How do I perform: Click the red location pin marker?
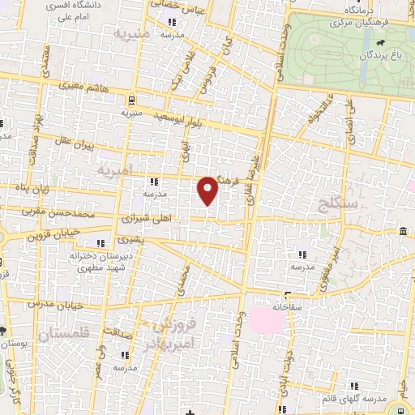click(209, 190)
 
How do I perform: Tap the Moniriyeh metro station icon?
click(130, 101)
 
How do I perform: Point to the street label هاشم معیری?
click(80, 84)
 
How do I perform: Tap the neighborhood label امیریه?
click(113, 172)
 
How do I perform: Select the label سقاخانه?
click(287, 306)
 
